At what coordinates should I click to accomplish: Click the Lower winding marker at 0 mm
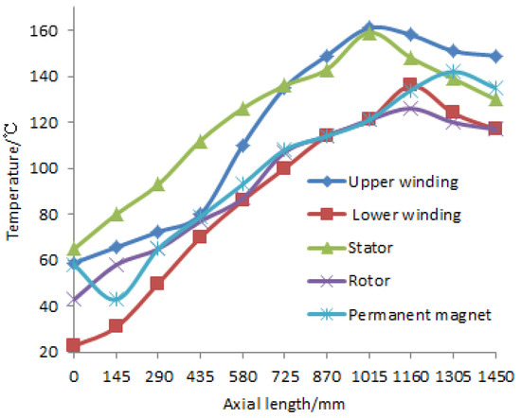[74, 345]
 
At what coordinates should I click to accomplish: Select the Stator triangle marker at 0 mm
[74, 249]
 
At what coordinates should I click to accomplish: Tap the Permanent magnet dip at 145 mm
[117, 300]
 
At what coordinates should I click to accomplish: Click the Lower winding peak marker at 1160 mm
[410, 85]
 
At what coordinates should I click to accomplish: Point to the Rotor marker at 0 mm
[74, 300]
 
